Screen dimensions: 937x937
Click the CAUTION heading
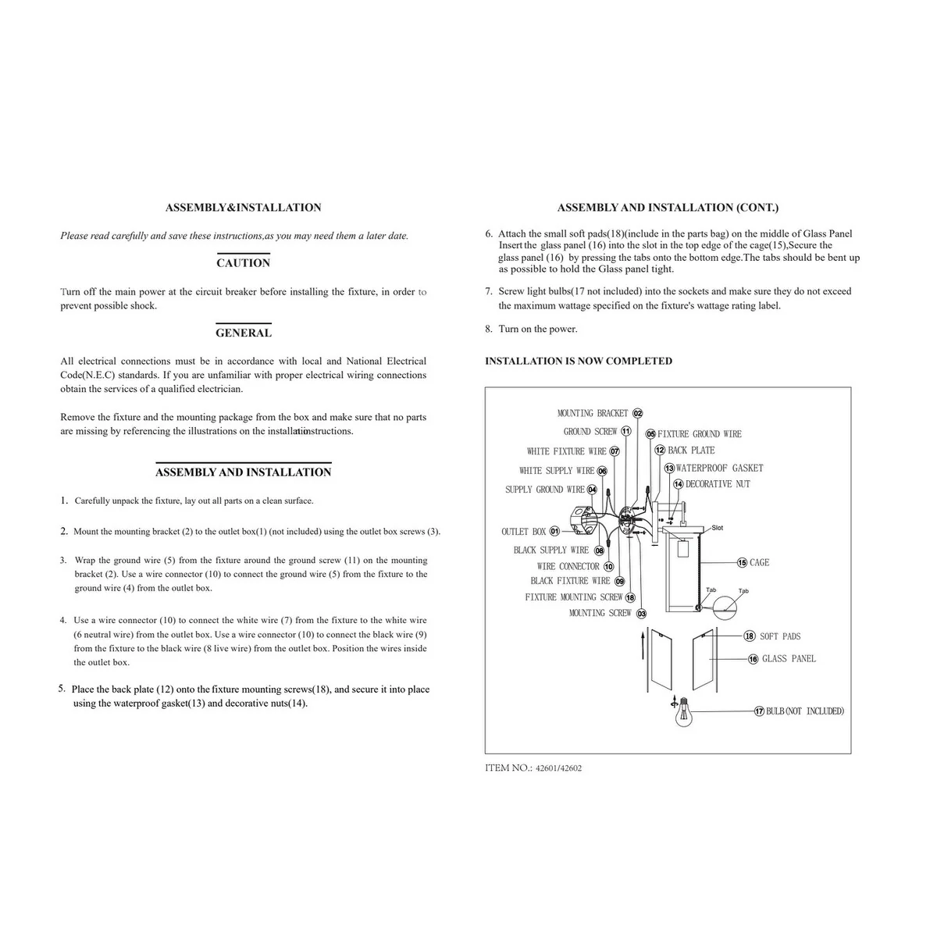pyautogui.click(x=243, y=263)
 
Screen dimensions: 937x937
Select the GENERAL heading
pyautogui.click(x=243, y=333)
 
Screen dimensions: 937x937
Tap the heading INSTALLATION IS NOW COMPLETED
pyautogui.click(x=578, y=362)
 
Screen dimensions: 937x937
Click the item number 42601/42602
pyautogui.click(x=558, y=768)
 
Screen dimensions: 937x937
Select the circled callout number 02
pyautogui.click(x=637, y=414)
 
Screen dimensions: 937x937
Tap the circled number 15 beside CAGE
pyautogui.click(x=742, y=563)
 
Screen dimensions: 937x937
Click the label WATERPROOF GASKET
pyautogui.click(x=719, y=468)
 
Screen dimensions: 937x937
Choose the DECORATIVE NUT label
pyautogui.click(x=718, y=485)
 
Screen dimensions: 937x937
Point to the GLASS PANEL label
pyautogui.click(x=789, y=659)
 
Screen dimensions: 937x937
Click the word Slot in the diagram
pyautogui.click(x=718, y=529)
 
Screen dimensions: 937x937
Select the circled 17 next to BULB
pyautogui.click(x=759, y=711)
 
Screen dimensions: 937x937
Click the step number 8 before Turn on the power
pyautogui.click(x=489, y=330)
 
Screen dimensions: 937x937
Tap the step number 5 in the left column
pyautogui.click(x=62, y=689)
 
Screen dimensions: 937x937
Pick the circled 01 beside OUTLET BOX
pyautogui.click(x=554, y=532)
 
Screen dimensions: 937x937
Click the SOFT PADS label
pyautogui.click(x=780, y=637)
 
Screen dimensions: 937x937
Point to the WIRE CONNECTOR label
pyautogui.click(x=568, y=567)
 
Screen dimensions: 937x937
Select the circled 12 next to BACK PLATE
pyautogui.click(x=660, y=451)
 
